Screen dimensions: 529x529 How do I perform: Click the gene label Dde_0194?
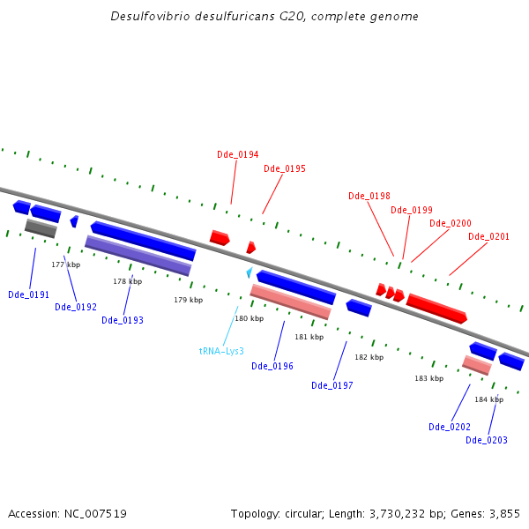pos(237,154)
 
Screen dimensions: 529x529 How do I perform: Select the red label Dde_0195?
pos(284,168)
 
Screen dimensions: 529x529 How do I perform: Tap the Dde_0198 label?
pos(369,196)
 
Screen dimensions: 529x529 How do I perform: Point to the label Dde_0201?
pos(488,236)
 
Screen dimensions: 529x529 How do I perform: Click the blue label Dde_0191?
pos(28,294)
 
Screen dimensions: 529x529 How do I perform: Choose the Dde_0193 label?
pos(122,320)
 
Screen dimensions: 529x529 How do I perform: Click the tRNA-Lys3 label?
pos(220,351)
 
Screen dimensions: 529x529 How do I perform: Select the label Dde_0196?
pos(272,366)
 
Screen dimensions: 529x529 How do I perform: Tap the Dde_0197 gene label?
pos(332,385)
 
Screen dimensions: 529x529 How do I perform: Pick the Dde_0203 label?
pos(486,440)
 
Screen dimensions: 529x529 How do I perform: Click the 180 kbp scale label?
pos(249,318)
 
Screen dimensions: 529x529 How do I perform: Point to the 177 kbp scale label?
pos(65,264)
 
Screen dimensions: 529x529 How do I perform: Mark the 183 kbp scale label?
pos(428,378)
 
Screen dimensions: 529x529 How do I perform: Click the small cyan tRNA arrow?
pos(250,272)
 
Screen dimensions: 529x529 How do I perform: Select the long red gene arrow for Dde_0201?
pos(436,308)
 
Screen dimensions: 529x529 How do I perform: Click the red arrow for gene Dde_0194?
pos(220,237)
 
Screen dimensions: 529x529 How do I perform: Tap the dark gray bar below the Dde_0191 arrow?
pos(41,228)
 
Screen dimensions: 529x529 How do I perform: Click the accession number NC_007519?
pos(93,513)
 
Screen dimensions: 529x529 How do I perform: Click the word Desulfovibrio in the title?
pos(145,17)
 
